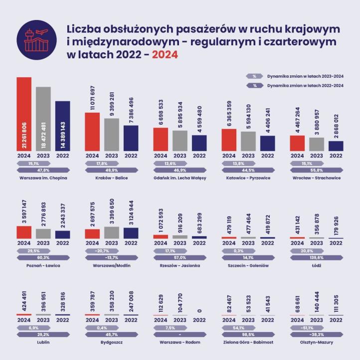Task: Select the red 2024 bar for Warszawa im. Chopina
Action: (x=24, y=114)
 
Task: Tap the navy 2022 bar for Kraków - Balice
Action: (x=131, y=138)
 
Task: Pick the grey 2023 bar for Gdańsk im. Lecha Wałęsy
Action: (x=180, y=140)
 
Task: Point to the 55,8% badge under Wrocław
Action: (x=315, y=170)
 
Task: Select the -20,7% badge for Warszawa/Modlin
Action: (x=104, y=251)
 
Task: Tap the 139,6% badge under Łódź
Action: (x=316, y=258)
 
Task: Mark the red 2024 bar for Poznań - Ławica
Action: (x=24, y=232)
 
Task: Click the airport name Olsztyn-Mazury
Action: (x=315, y=343)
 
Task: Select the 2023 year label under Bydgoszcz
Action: (x=111, y=320)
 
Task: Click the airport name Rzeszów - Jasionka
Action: (x=180, y=266)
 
